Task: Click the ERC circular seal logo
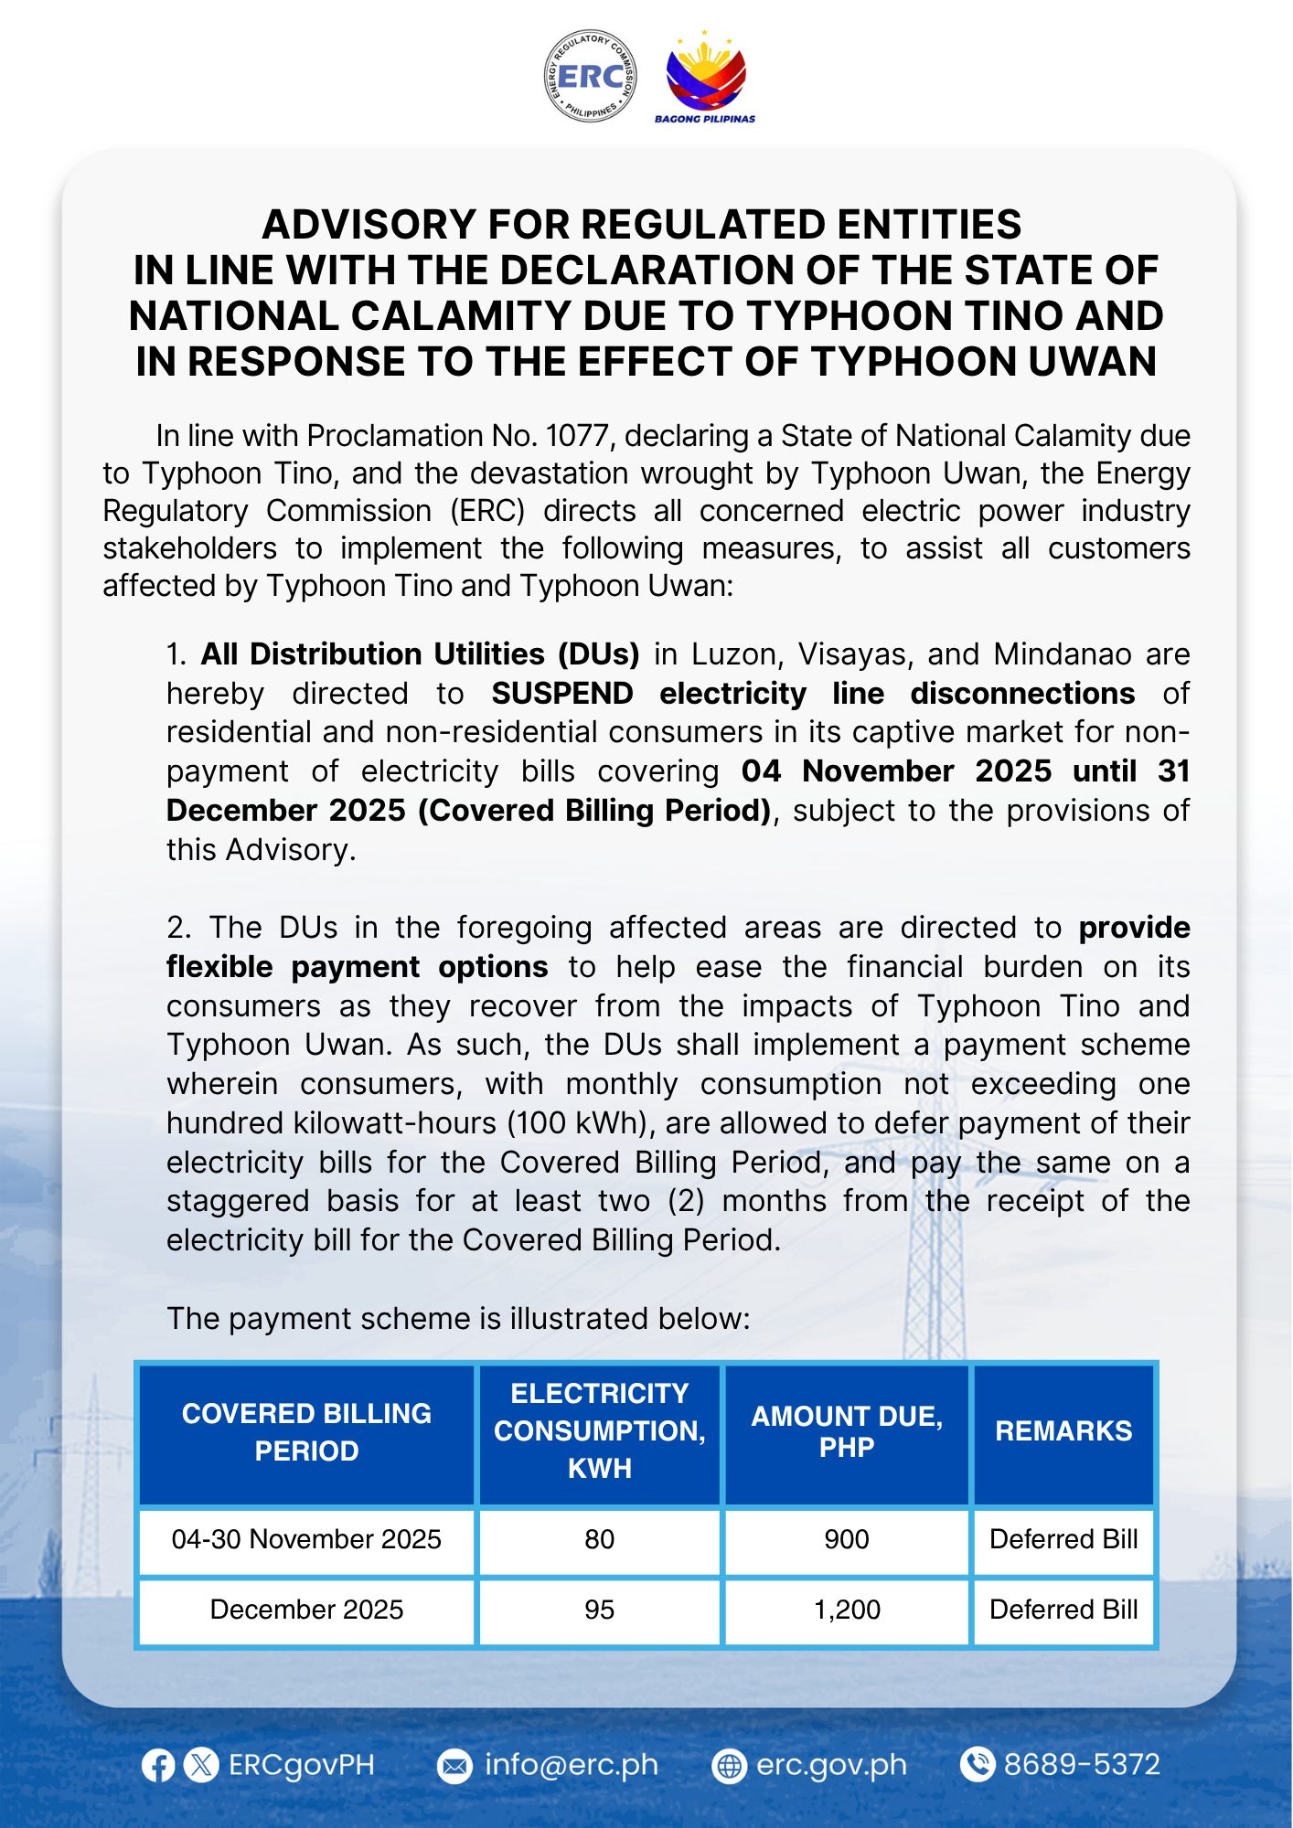click(x=590, y=75)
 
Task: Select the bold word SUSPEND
click(x=561, y=694)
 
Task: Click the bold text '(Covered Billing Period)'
click(x=595, y=811)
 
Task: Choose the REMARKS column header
click(x=1063, y=1430)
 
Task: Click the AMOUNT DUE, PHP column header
click(x=847, y=1431)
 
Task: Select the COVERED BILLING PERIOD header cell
click(x=306, y=1431)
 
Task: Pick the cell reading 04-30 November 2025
click(x=306, y=1539)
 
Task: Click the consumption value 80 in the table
click(x=599, y=1539)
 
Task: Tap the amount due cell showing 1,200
click(x=847, y=1610)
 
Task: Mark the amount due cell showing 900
click(x=847, y=1539)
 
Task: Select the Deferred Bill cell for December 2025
click(x=1063, y=1610)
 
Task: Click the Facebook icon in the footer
click(x=158, y=1765)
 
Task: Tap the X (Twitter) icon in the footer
click(x=201, y=1765)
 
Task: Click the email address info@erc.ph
click(x=571, y=1765)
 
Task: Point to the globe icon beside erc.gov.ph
click(x=729, y=1766)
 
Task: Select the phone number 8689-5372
click(x=1082, y=1764)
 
